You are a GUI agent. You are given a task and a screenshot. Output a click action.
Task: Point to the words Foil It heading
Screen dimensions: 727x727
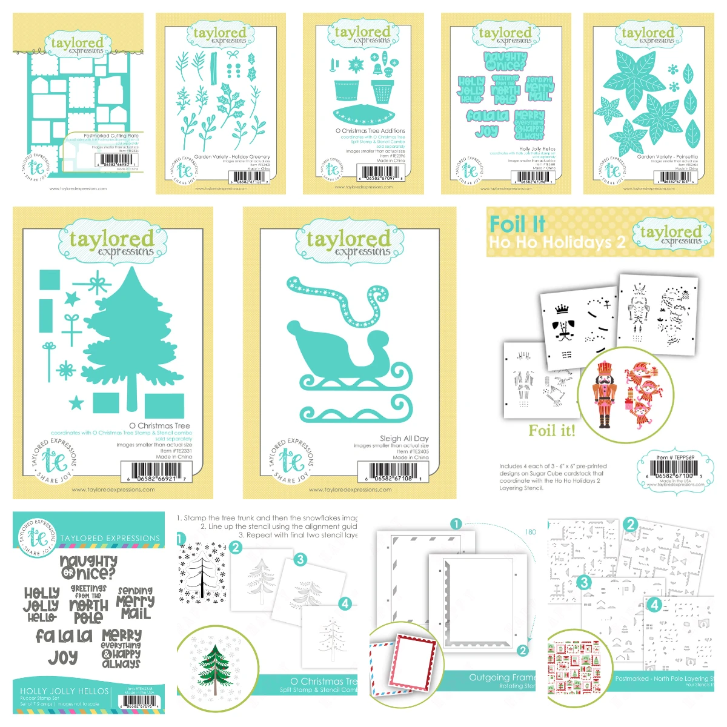pos(517,224)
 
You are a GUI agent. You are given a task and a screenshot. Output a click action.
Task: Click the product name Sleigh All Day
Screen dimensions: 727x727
pos(404,438)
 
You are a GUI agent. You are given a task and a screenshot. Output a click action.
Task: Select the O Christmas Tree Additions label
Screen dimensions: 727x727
pos(370,130)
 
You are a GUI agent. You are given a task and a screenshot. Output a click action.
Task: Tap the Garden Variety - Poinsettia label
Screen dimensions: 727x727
pos(667,156)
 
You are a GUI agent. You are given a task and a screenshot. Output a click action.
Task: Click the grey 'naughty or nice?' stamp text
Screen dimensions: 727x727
pos(88,567)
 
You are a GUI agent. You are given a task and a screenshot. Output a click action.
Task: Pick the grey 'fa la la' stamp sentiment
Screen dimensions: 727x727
pos(64,636)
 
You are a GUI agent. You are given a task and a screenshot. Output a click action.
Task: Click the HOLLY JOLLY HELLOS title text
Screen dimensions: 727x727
pos(64,691)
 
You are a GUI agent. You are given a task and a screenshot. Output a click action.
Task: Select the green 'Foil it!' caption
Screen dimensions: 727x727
pos(551,431)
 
